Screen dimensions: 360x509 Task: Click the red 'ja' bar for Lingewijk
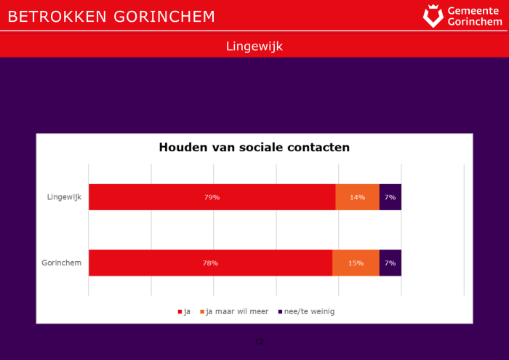point(212,197)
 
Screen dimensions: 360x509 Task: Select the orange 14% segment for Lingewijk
point(357,197)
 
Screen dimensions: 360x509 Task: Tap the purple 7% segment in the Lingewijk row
point(390,197)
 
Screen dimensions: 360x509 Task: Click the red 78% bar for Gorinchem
point(210,263)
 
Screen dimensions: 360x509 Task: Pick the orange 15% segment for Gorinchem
point(356,263)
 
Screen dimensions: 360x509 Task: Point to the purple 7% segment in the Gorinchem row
point(390,263)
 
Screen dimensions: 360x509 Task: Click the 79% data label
point(212,197)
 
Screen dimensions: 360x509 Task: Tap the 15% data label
point(356,263)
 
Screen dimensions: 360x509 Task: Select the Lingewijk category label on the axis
point(63,197)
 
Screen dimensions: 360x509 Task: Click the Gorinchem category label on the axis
point(62,263)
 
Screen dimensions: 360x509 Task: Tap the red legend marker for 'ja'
point(180,311)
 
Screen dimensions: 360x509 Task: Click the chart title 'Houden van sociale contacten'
point(254,148)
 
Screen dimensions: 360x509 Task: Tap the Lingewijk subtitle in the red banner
point(254,47)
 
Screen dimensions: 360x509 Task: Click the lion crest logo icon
point(433,16)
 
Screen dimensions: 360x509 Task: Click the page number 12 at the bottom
point(259,341)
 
